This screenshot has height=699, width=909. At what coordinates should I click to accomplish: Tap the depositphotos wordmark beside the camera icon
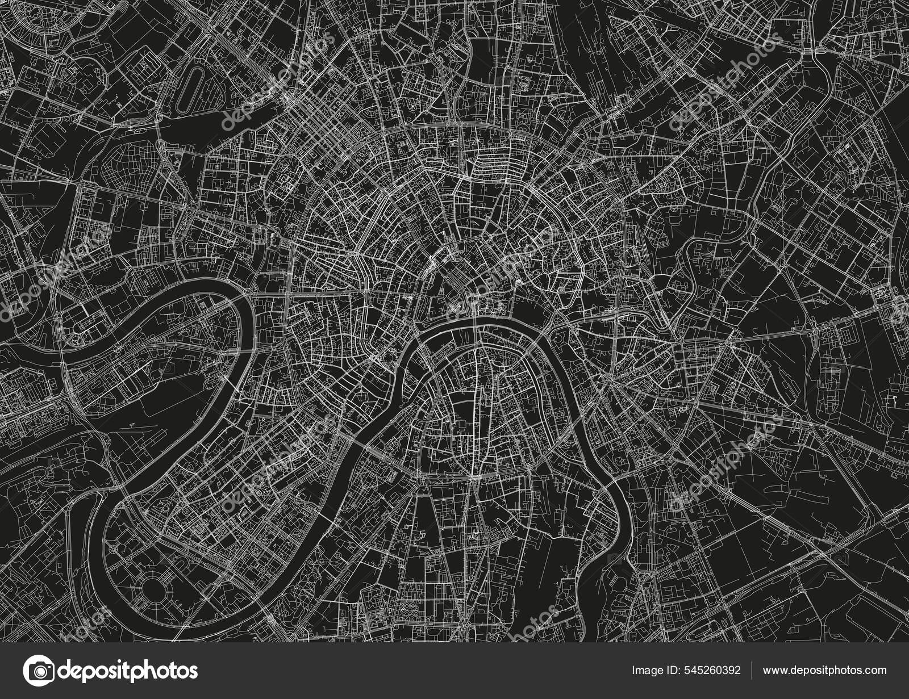click(x=128, y=671)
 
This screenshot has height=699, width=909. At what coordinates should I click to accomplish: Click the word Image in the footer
click(x=645, y=671)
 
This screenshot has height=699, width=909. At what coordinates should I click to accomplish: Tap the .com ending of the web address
click(x=875, y=671)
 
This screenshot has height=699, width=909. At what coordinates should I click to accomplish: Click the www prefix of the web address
click(x=774, y=671)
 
